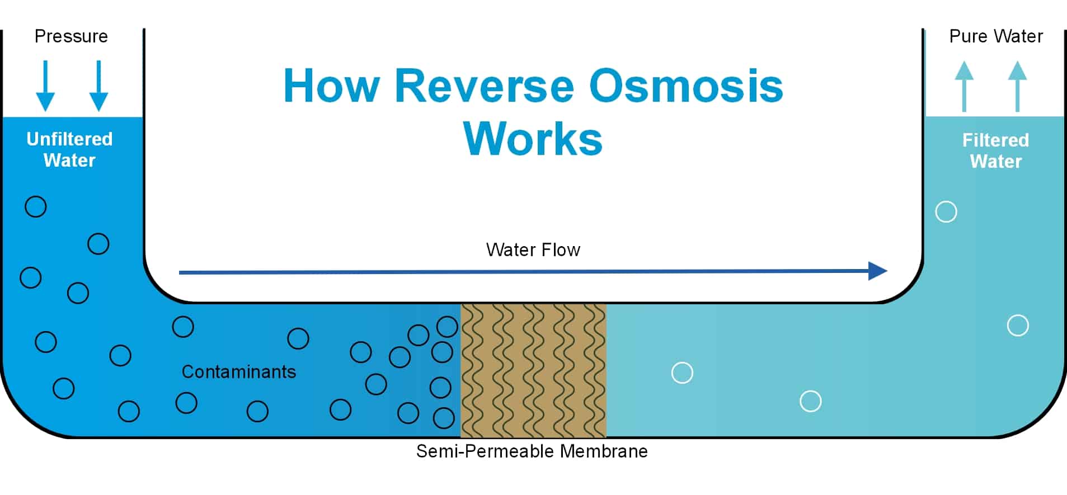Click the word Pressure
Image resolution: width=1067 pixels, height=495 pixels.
71,36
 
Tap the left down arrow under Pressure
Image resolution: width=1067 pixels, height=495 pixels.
45,86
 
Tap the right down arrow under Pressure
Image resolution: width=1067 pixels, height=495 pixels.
98,86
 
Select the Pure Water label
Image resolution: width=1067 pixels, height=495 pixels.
996,36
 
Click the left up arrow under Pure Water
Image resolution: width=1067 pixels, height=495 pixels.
963,86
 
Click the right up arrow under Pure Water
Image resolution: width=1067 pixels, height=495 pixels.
1017,86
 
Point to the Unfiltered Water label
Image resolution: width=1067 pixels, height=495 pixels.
69,149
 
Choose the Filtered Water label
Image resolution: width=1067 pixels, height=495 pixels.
995,150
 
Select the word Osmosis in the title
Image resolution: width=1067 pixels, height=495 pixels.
686,86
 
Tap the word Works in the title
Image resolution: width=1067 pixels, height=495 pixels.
533,139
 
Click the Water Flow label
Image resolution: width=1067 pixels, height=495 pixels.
533,249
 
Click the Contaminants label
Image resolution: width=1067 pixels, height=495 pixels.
239,372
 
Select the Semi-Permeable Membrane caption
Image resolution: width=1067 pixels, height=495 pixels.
532,451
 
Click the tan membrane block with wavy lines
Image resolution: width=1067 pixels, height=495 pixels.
533,370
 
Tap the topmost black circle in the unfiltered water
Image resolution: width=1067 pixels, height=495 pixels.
36,206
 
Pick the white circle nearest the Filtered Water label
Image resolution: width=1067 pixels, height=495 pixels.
946,212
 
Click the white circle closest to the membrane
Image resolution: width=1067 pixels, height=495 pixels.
682,373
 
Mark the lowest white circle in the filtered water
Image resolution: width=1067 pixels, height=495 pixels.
810,401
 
